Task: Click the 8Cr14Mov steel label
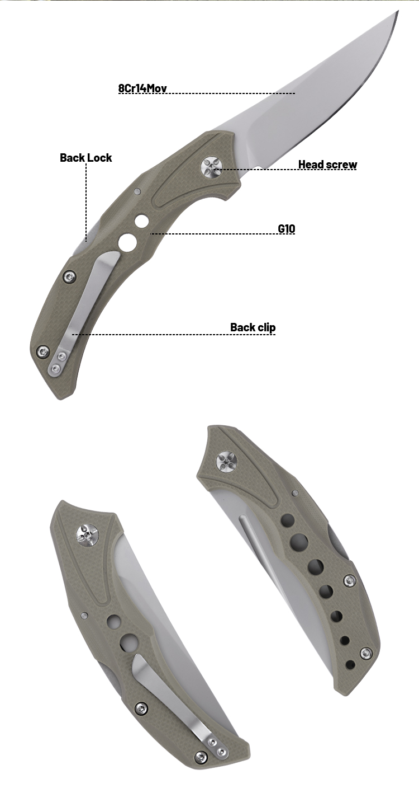pos(142,88)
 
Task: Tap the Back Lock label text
pos(86,158)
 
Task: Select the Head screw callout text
pos(327,165)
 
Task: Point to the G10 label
pos(287,229)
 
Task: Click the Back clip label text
pos(253,327)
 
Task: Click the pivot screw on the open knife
pos(212,168)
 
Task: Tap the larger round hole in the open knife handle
pos(128,243)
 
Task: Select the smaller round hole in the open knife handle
pos(141,221)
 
